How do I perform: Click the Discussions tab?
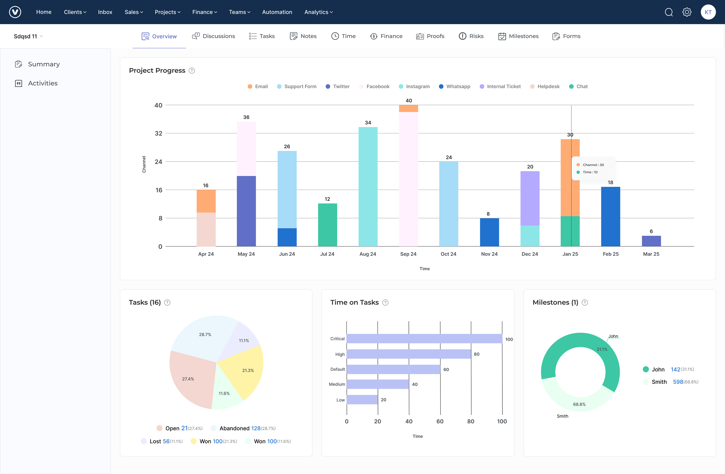pyautogui.click(x=214, y=36)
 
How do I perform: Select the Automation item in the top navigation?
pyautogui.click(x=277, y=12)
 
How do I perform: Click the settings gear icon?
pyautogui.click(x=687, y=12)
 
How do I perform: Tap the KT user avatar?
pyautogui.click(x=708, y=12)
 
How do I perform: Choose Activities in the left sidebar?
pyautogui.click(x=43, y=83)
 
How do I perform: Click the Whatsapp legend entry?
pyautogui.click(x=455, y=87)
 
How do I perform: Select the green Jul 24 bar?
pyautogui.click(x=327, y=225)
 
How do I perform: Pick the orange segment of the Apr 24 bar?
pyautogui.click(x=206, y=201)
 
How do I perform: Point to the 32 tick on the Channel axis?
pyautogui.click(x=158, y=133)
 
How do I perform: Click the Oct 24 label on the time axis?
pyautogui.click(x=448, y=254)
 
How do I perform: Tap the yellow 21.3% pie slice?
pyautogui.click(x=245, y=370)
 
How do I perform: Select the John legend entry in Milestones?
pyautogui.click(x=658, y=369)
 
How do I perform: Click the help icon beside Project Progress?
pyautogui.click(x=192, y=71)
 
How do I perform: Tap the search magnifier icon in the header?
pyautogui.click(x=669, y=12)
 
